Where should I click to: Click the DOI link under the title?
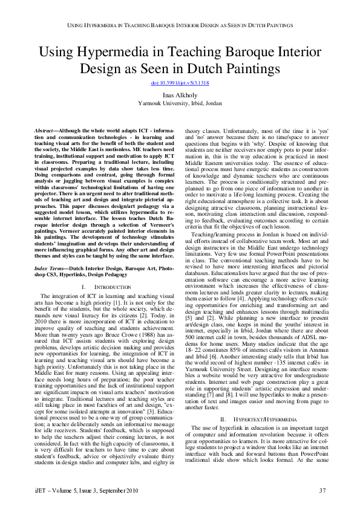180,82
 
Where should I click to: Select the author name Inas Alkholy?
180,95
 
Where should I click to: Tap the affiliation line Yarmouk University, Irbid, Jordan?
180,103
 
